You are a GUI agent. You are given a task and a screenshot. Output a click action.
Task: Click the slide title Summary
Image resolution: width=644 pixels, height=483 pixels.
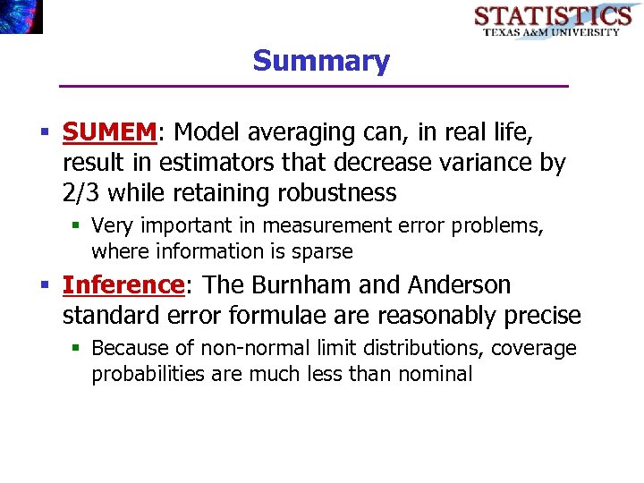click(x=321, y=61)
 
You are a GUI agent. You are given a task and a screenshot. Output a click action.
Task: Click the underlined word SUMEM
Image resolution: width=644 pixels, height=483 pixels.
click(x=109, y=132)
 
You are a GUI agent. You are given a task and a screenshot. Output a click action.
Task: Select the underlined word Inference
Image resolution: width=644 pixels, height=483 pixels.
click(x=123, y=285)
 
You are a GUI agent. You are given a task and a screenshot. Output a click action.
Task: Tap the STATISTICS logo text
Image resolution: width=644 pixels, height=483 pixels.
click(x=552, y=15)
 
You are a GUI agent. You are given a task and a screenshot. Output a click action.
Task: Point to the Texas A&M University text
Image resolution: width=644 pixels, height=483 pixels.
click(x=552, y=32)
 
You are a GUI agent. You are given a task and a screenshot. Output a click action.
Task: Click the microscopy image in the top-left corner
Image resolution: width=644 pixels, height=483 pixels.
click(x=21, y=16)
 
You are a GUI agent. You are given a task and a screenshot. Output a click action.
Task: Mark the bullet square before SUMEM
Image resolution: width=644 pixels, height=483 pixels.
click(x=46, y=133)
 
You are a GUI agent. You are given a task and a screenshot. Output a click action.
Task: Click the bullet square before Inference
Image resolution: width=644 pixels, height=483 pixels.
click(x=46, y=286)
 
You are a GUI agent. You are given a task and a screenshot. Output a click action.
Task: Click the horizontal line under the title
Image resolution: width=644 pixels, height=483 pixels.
click(x=313, y=86)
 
